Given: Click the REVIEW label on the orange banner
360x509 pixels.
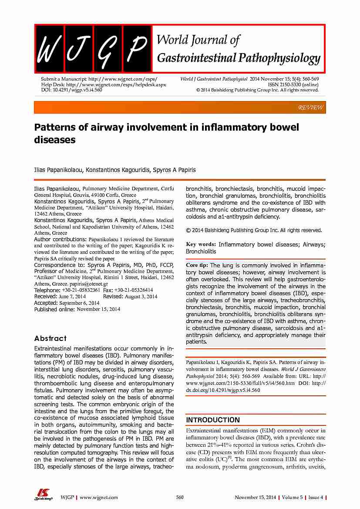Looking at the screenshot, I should click(310, 107).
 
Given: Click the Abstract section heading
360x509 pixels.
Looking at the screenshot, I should click(50, 338).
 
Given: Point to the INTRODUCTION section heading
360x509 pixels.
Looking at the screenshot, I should click(212, 420).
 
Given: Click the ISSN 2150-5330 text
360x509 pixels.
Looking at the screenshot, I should click(293, 84).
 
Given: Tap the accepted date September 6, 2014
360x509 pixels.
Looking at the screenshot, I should click(79, 303).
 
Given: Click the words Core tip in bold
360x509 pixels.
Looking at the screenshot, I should click(197, 265).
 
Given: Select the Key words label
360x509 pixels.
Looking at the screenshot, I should click(200, 245).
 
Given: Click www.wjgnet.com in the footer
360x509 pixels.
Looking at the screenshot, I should click(99, 497).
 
